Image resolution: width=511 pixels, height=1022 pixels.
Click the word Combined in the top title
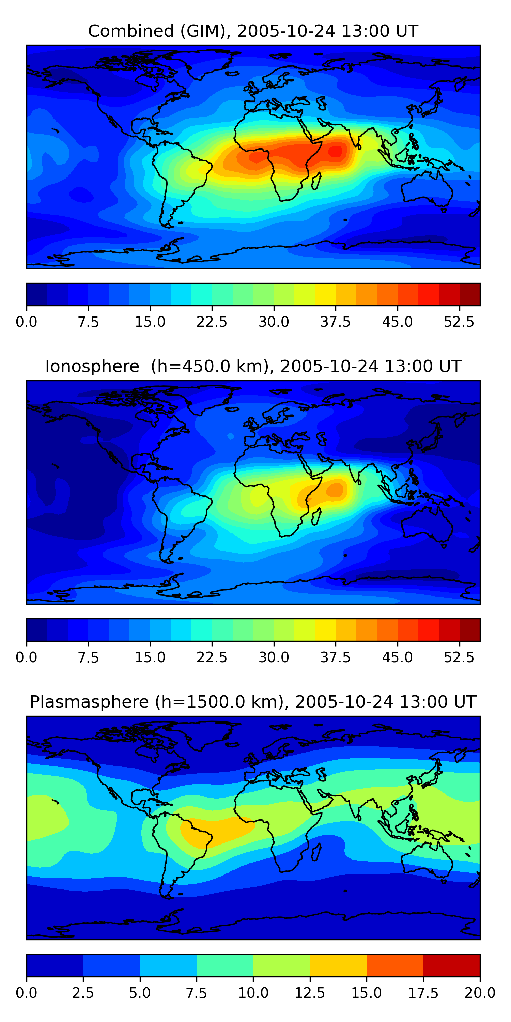(131, 31)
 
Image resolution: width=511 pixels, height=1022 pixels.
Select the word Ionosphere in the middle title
(92, 366)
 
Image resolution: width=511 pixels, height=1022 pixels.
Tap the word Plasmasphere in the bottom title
(89, 702)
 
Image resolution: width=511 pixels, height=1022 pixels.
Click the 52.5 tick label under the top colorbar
(459, 322)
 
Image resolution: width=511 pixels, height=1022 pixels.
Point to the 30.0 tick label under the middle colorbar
(274, 657)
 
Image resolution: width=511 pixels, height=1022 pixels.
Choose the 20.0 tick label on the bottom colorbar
(480, 993)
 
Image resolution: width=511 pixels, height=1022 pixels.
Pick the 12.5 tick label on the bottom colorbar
(310, 993)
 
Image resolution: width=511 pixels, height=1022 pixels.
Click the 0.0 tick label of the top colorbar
(27, 322)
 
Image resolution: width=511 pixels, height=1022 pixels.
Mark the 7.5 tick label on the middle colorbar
(88, 657)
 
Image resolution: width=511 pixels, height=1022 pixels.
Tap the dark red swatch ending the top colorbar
(470, 294)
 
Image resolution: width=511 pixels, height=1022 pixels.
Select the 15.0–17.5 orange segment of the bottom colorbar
(395, 965)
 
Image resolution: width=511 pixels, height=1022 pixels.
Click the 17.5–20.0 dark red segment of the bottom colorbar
(451, 965)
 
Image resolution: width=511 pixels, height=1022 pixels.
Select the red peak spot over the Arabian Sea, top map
(336, 151)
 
